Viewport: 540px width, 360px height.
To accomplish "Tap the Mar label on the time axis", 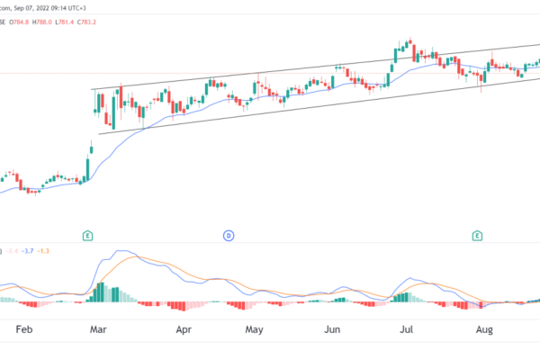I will [99, 330].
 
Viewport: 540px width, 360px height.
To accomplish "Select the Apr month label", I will [184, 330].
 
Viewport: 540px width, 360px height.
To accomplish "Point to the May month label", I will [256, 330].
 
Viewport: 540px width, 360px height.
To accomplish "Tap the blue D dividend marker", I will [229, 236].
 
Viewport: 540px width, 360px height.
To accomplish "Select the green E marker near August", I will [479, 236].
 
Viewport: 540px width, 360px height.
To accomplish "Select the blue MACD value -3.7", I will [29, 249].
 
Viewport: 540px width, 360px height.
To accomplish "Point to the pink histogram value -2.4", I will [11, 249].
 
